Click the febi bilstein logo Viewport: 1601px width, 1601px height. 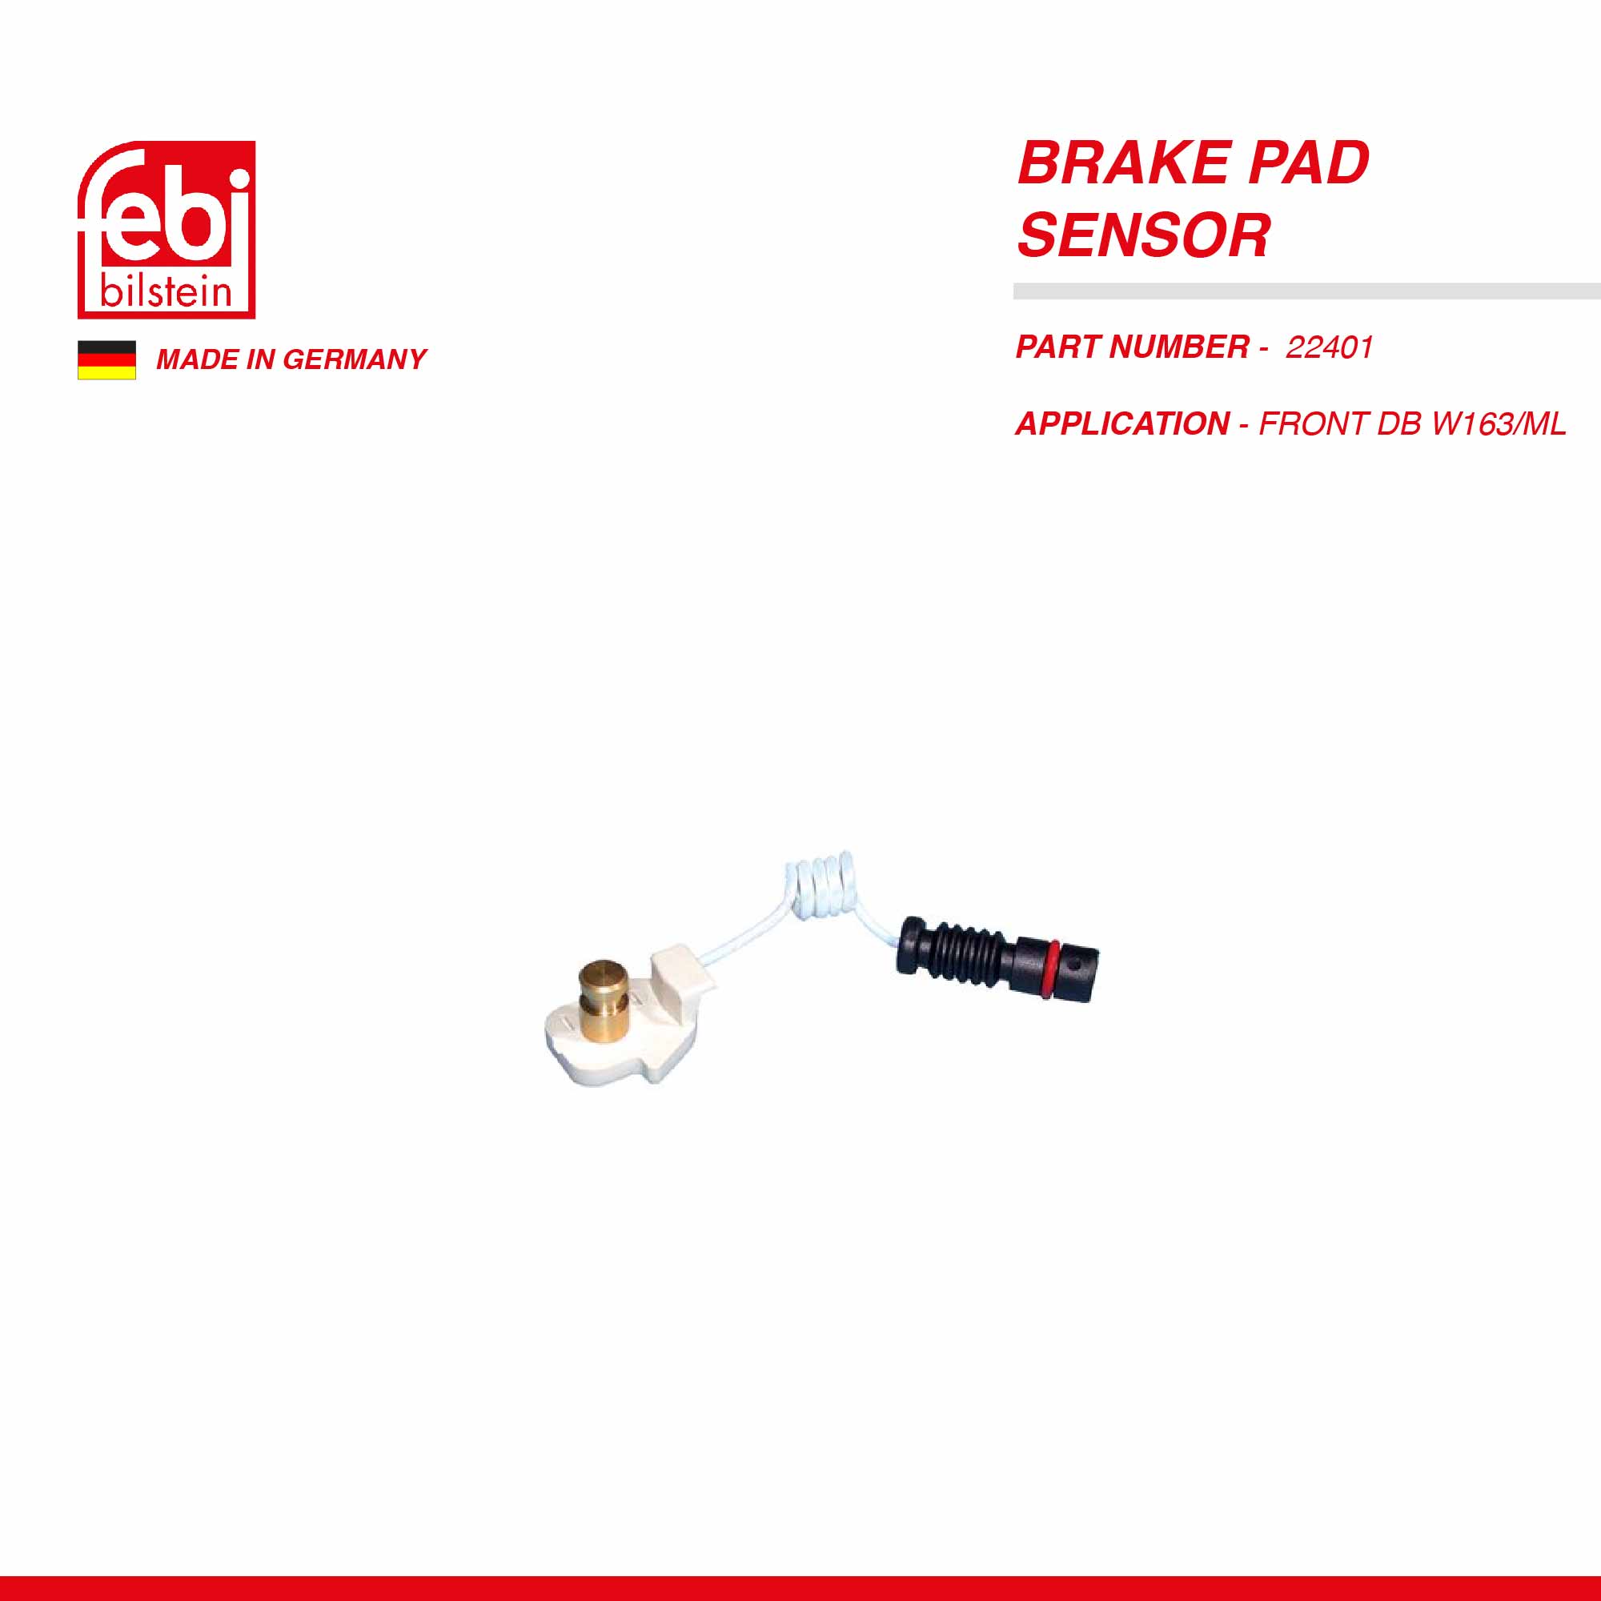coord(167,230)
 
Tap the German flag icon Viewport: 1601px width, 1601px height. coord(107,359)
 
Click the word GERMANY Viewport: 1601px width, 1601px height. coord(355,359)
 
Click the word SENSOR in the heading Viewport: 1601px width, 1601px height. coord(1144,235)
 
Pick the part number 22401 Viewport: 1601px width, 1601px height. coord(1329,347)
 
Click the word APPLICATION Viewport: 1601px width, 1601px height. coord(1123,424)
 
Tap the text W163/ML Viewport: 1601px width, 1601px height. coord(1499,424)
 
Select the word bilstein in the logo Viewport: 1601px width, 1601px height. coord(166,291)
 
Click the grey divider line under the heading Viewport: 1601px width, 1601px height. coord(1307,291)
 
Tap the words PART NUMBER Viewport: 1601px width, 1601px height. coord(1133,347)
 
